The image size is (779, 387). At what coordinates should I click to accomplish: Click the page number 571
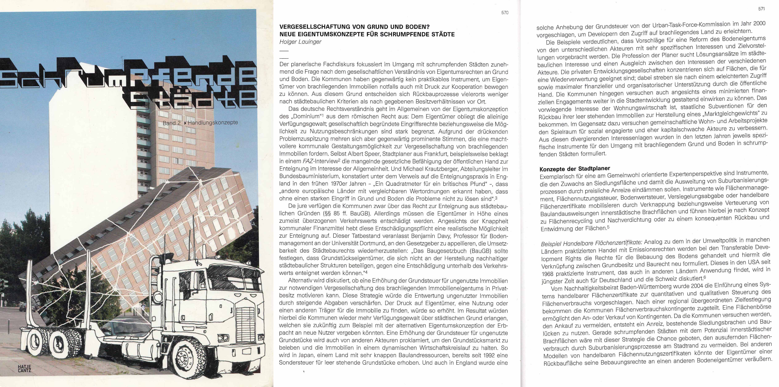761,9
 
